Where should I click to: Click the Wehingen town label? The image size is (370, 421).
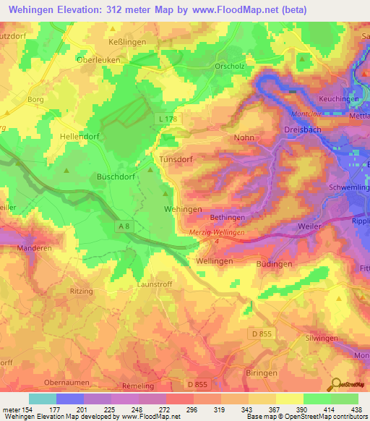tap(184, 209)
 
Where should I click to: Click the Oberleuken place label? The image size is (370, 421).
tap(98, 61)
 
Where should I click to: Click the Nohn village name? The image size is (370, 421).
tap(244, 137)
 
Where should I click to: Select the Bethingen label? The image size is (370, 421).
tap(228, 217)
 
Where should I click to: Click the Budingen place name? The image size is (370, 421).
tap(274, 265)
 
